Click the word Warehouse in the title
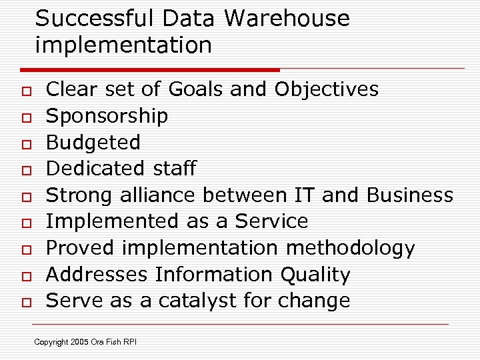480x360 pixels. (287, 19)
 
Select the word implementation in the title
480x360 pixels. (123, 45)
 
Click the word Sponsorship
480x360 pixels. (107, 116)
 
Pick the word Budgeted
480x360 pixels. (93, 142)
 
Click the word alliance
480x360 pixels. (158, 195)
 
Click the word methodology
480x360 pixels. (350, 248)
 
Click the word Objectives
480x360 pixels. (327, 89)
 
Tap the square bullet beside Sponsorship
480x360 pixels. (25, 117)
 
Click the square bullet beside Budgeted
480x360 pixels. (25, 143)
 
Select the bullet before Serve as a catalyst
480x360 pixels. (25, 302)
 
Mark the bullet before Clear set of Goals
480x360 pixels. (25, 91)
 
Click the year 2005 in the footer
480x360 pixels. (80, 343)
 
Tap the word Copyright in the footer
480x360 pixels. (51, 343)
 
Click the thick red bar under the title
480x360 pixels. (150, 69)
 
